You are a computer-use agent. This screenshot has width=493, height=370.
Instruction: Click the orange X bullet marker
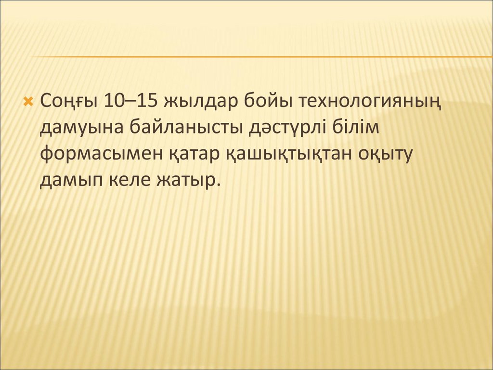(x=28, y=102)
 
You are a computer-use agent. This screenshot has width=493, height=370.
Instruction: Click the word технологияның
(x=369, y=103)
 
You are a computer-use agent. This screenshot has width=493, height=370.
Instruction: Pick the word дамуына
(x=81, y=128)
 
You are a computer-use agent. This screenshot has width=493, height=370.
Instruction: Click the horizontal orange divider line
(x=262, y=57)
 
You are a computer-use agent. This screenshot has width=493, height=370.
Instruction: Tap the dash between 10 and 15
(x=130, y=102)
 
